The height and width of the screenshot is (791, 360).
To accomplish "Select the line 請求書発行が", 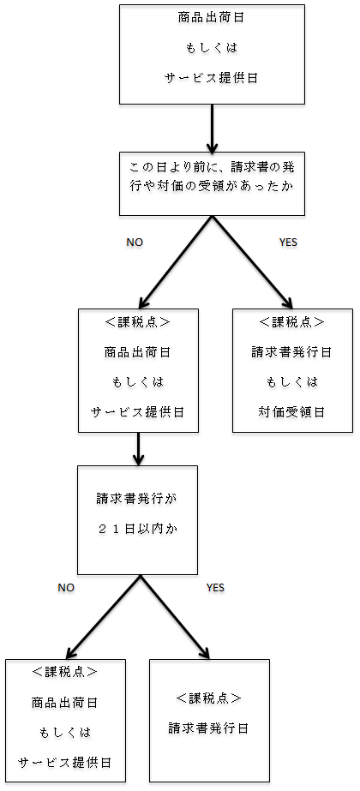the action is [137, 499].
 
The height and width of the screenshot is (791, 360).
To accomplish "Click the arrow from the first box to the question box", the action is [213, 129].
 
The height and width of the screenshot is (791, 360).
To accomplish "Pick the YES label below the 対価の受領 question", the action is [288, 243].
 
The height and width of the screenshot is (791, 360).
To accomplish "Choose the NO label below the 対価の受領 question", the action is [135, 243].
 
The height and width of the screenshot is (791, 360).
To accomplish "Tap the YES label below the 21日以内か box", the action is [216, 587].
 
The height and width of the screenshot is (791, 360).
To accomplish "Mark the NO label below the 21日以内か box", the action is [66, 587].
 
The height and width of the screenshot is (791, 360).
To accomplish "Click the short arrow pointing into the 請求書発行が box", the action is [137, 448].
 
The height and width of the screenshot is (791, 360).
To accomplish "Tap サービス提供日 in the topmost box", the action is [213, 78].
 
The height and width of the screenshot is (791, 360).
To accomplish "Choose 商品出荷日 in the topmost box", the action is [213, 18].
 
